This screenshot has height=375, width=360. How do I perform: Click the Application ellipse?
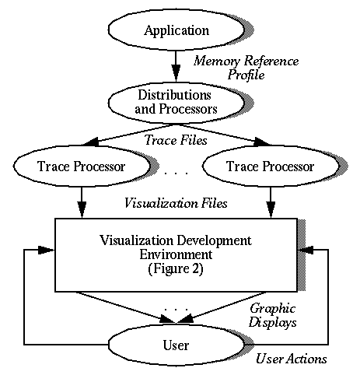(177, 30)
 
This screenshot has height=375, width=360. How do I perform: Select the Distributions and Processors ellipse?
(177, 103)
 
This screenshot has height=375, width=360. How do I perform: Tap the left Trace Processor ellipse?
(82, 166)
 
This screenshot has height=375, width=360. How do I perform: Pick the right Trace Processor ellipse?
(271, 166)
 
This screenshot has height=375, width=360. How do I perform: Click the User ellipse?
(177, 345)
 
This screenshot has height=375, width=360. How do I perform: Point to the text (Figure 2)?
(176, 268)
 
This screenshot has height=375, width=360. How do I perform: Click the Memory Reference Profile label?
(246, 68)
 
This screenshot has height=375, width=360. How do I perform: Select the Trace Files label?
(177, 140)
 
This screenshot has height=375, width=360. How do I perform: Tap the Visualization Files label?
(177, 203)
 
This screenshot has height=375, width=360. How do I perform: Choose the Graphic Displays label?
(273, 316)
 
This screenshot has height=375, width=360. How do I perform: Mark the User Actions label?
(292, 359)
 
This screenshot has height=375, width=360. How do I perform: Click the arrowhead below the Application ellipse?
(177, 72)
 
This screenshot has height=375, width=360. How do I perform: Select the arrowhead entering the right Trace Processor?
(262, 142)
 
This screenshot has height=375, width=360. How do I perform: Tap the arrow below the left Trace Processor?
(82, 202)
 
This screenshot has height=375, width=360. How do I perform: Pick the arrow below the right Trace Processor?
(271, 202)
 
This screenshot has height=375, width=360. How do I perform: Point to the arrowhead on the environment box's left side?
(46, 250)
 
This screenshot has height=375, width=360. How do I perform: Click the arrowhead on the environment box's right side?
(306, 250)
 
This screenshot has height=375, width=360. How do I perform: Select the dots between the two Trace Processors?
(177, 173)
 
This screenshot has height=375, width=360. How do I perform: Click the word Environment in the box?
(176, 254)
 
